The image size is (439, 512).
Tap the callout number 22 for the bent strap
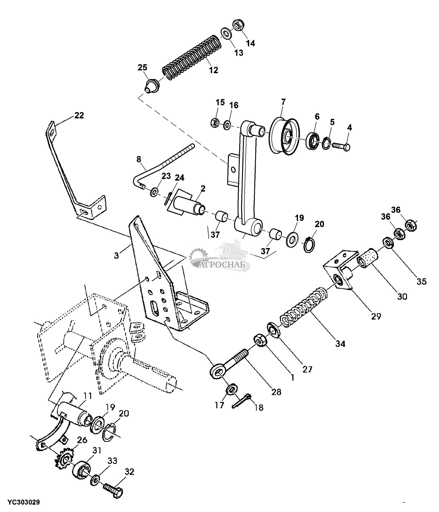coord(79,115)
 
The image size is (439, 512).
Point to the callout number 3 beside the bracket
coord(117,256)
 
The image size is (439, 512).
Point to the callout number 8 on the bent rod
coord(139,159)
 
